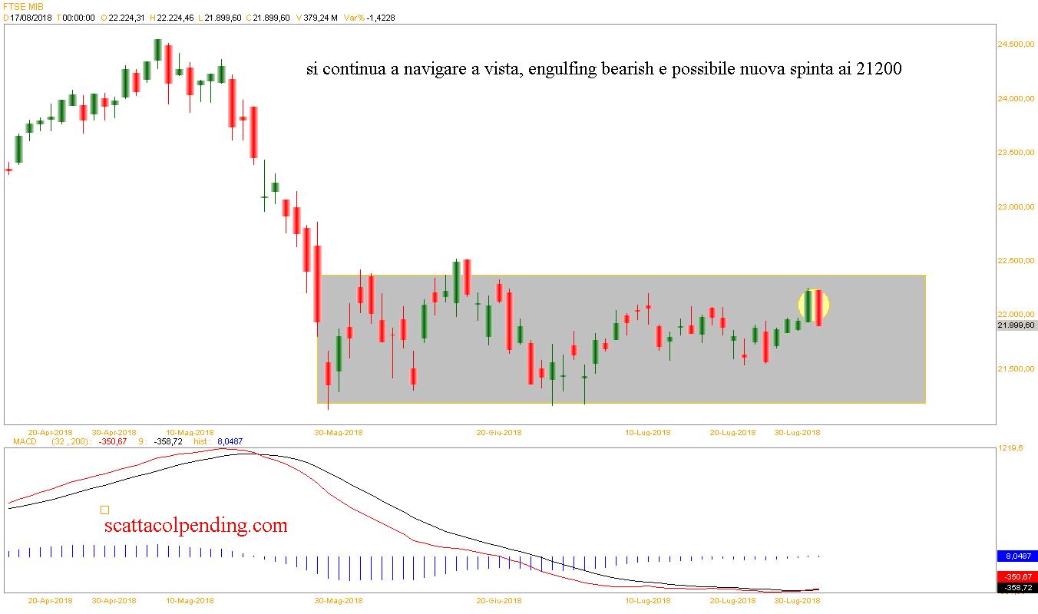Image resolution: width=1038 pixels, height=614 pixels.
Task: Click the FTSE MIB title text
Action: (x=21, y=6)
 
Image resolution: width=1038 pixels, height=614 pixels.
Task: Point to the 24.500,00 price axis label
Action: (x=1014, y=45)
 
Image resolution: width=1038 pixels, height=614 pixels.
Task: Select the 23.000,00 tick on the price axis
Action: (x=1014, y=207)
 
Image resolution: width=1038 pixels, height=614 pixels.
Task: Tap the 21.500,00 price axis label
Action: (x=1014, y=369)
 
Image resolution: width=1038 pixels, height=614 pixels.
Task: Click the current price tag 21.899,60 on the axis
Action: (x=1016, y=325)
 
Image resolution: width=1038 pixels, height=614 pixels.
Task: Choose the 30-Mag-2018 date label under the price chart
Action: (x=339, y=432)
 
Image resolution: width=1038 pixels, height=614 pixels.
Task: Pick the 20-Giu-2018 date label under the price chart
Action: (x=499, y=432)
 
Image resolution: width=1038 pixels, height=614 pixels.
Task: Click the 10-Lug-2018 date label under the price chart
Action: (x=647, y=432)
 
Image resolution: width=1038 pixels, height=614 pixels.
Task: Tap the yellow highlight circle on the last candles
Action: (x=814, y=305)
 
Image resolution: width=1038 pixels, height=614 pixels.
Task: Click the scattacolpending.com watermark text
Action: (x=196, y=526)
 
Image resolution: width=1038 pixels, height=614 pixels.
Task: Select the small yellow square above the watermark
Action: (x=104, y=509)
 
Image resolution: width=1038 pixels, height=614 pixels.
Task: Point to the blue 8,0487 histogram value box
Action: (x=1017, y=556)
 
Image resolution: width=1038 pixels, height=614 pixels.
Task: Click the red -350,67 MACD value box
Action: (x=1017, y=577)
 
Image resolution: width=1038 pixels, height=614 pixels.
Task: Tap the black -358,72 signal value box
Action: (x=1017, y=588)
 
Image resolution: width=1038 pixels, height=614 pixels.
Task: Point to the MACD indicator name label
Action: (x=25, y=441)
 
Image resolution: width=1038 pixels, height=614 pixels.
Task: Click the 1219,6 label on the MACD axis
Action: (x=1010, y=448)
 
